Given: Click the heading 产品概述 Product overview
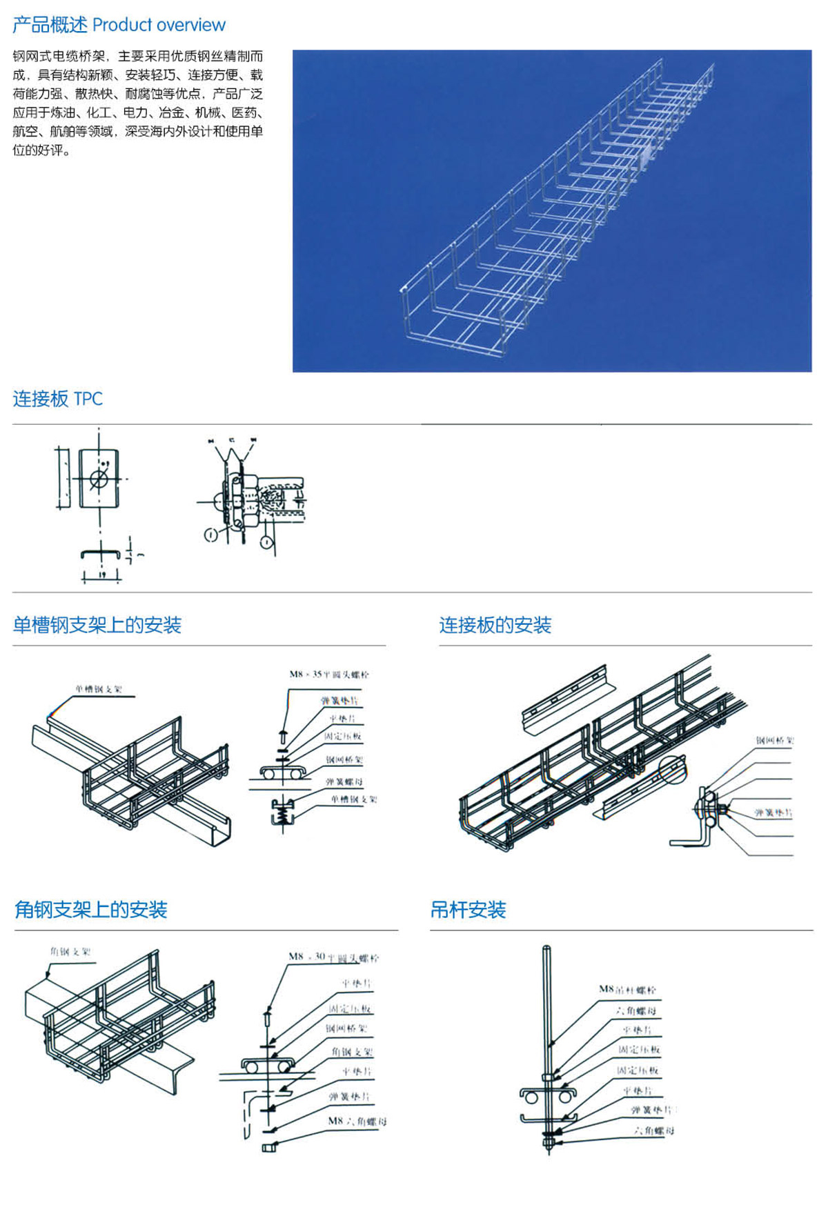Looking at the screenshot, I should [x=119, y=25].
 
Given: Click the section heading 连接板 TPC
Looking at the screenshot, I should [x=57, y=399].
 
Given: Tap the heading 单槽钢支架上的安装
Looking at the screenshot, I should [x=97, y=625].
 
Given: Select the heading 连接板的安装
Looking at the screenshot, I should [x=495, y=625].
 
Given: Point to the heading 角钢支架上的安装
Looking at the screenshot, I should [x=90, y=910].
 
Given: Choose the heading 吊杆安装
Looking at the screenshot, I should [x=468, y=910].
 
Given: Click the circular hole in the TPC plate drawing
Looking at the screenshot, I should [x=99, y=478].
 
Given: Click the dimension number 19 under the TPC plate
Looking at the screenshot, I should [x=101, y=575].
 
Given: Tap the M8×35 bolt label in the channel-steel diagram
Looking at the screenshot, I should [x=328, y=674].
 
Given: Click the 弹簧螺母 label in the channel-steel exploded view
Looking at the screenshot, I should [x=344, y=781].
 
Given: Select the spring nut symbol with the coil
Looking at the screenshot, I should [x=283, y=812].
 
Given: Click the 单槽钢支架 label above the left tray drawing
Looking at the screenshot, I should [x=99, y=689].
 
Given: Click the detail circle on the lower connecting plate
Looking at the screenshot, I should [x=673, y=769].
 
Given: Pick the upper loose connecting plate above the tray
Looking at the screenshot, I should [x=566, y=700].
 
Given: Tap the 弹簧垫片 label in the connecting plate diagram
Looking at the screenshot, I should [x=773, y=812].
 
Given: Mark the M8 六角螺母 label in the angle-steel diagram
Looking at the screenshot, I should [x=357, y=1121].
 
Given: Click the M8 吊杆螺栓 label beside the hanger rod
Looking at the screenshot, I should [x=627, y=989].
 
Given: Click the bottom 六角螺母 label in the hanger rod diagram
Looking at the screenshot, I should [x=654, y=1130].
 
